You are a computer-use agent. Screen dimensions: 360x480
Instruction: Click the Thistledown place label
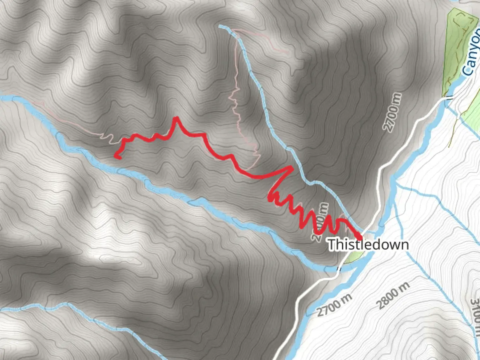(368, 244)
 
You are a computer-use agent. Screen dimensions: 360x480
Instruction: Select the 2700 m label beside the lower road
(334, 305)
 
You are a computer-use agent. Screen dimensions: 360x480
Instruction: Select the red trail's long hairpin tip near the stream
(291, 167)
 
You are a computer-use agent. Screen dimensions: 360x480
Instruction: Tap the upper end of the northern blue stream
(220, 26)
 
